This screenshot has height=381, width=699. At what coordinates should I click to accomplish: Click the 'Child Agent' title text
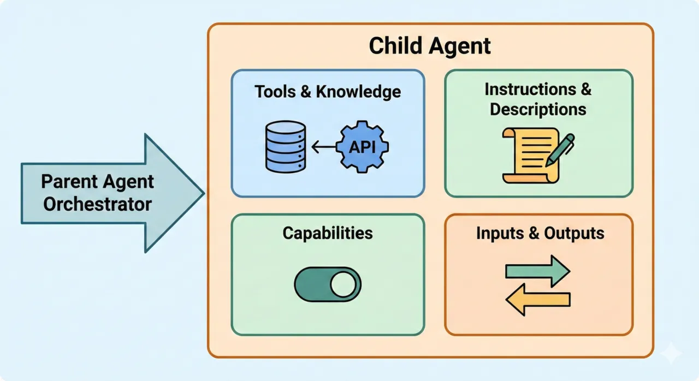coord(430,46)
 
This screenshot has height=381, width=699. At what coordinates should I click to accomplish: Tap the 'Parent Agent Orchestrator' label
coord(98,193)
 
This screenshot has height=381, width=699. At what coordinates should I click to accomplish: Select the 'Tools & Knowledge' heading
coord(328,91)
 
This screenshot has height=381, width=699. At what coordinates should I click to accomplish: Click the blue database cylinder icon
coord(285,146)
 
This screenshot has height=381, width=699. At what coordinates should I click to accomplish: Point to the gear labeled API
coord(361,146)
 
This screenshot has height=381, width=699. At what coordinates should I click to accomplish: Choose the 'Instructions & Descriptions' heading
coord(538,99)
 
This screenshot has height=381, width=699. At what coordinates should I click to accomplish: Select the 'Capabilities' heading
coord(328,233)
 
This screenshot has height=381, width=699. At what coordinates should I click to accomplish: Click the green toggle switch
coord(328,284)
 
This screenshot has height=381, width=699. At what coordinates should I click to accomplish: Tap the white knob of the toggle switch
coord(343,284)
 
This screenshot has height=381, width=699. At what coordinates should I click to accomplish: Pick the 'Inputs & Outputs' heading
coord(540,233)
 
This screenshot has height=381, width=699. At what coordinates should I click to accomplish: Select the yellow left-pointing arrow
coord(538,299)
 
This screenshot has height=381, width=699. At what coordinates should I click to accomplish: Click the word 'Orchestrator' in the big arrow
coord(98,204)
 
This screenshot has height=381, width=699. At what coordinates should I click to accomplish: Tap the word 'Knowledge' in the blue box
coord(357,91)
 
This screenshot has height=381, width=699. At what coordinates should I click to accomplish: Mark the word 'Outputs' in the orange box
coord(574,233)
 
